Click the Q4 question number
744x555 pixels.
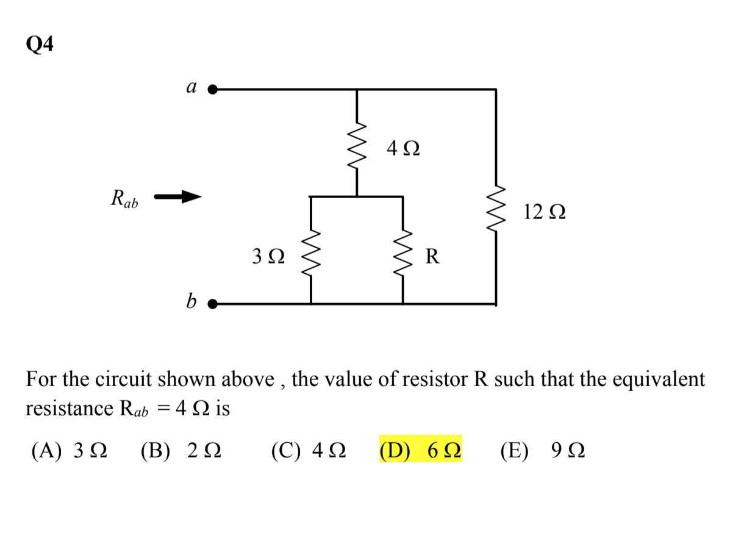coord(40,44)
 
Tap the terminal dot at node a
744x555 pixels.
coord(212,90)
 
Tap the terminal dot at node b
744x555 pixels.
coord(212,304)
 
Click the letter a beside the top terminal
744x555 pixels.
coord(191,88)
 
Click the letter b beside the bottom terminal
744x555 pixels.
coord(191,301)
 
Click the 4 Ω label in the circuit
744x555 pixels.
coord(403,148)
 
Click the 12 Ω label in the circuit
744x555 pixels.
coord(544,212)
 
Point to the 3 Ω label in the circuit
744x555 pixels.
coord(268,256)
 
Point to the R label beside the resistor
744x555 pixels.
coord(432,256)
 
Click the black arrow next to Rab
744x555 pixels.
coord(177,197)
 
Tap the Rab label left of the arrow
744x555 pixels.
coord(124,199)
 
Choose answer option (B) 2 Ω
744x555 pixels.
coord(181,451)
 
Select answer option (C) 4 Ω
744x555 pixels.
coord(309,451)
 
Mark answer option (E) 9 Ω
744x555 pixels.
coord(543,451)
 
